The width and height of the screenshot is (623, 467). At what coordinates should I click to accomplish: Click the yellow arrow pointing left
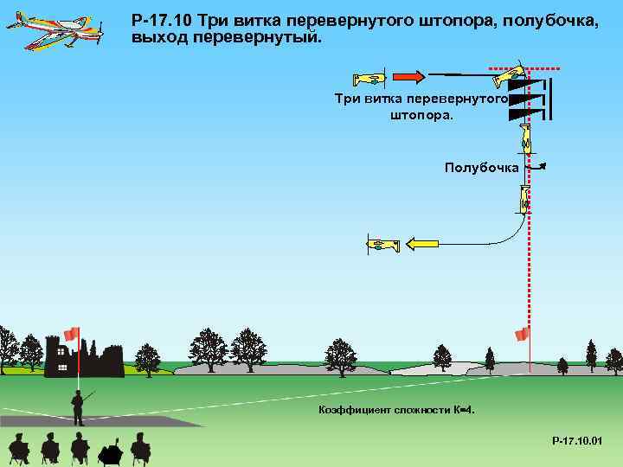click(423, 244)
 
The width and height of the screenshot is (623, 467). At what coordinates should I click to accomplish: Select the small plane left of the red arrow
click(371, 79)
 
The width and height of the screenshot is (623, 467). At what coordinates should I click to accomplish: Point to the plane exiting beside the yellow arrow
click(382, 245)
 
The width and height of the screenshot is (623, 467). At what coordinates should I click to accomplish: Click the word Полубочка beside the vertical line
click(481, 167)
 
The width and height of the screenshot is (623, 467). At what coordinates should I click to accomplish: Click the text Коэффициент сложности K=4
click(396, 409)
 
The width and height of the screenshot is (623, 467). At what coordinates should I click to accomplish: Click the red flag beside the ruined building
click(71, 334)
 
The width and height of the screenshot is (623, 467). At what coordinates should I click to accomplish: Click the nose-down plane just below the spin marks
click(525, 137)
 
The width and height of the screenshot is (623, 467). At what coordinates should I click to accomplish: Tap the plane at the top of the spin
click(509, 76)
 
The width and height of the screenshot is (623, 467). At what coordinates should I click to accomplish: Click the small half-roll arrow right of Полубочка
click(536, 167)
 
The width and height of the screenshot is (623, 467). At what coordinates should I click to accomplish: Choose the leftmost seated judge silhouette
click(19, 448)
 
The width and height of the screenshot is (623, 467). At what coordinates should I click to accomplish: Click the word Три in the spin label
click(347, 99)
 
